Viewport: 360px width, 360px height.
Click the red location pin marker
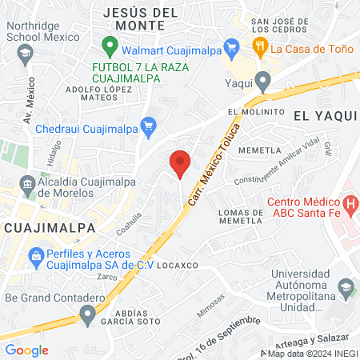180,163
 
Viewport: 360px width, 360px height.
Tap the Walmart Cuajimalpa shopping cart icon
231,46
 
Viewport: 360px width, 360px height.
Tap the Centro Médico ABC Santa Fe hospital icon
349,206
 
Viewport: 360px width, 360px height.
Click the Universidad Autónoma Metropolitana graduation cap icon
345,286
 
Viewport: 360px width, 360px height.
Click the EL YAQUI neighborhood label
325,115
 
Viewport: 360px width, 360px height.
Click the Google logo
27,350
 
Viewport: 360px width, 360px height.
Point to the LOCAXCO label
177,264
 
